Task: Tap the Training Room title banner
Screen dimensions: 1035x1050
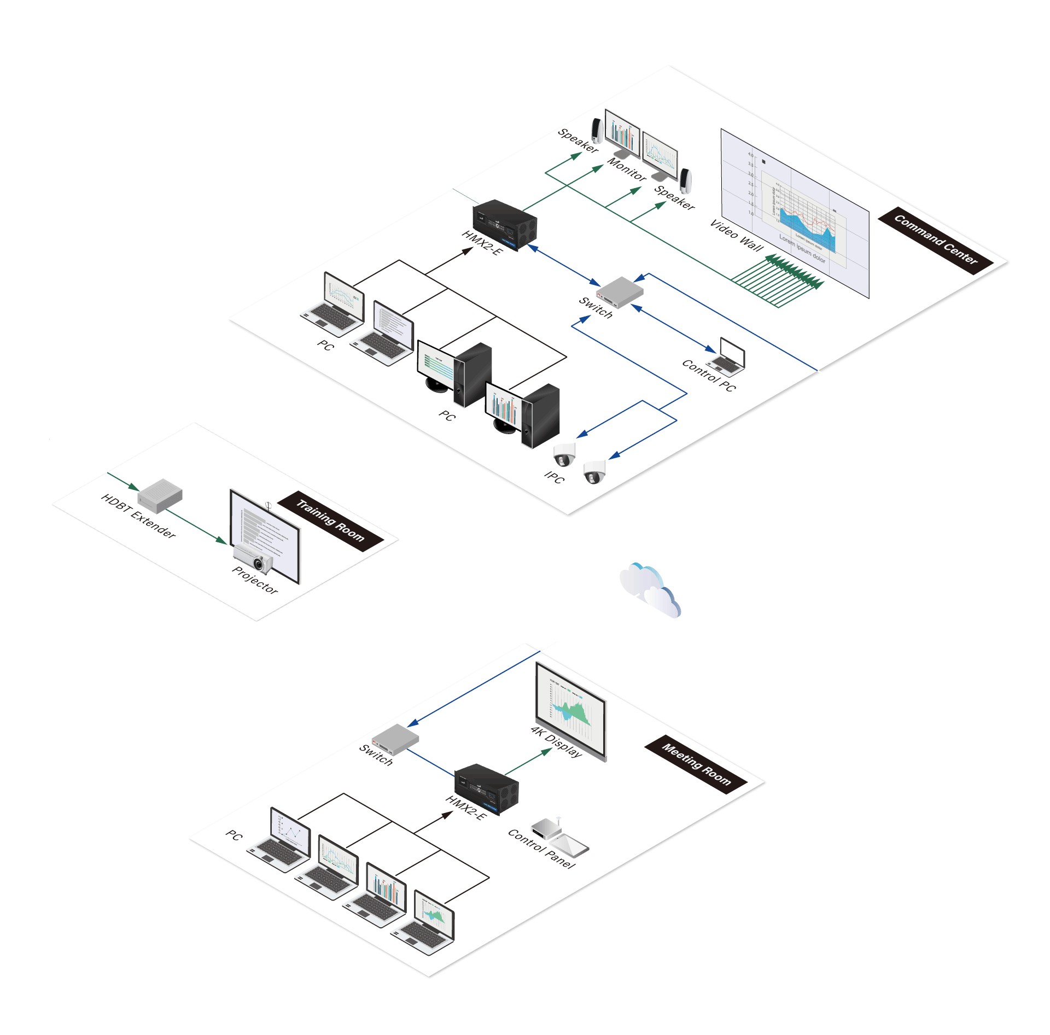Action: click(330, 521)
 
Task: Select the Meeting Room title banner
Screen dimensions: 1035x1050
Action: click(696, 764)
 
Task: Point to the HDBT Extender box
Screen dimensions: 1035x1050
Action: click(160, 495)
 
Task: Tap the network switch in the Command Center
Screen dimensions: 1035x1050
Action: click(620, 291)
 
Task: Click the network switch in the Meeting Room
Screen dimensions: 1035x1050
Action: click(395, 739)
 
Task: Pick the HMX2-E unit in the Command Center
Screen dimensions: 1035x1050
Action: click(504, 224)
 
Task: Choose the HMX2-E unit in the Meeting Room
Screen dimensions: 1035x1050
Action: click(486, 788)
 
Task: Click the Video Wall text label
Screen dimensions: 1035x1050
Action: click(736, 236)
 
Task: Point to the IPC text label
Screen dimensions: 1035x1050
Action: click(554, 477)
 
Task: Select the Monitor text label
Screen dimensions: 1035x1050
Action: click(627, 169)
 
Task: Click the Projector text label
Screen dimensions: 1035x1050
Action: click(255, 580)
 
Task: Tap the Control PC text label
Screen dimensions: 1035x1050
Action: click(709, 375)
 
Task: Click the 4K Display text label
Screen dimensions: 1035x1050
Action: click(556, 742)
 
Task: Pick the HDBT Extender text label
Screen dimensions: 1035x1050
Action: click(139, 516)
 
